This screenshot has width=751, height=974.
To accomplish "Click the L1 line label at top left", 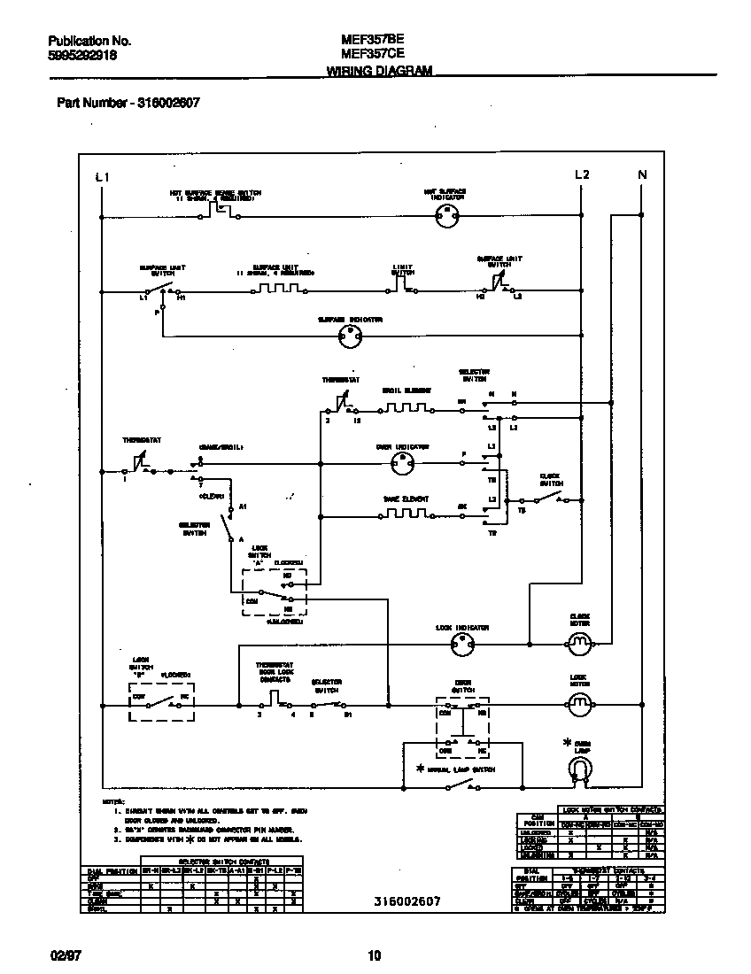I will point(102,177).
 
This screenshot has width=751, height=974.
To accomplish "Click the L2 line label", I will point(582,174).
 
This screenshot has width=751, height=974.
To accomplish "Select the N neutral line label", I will point(643,174).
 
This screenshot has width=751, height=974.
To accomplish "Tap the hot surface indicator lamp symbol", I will point(450,215).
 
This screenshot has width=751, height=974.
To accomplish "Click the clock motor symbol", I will point(579,644).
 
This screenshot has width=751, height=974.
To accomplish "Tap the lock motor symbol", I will point(579,705).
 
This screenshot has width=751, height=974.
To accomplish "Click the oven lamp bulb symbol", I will point(580,773).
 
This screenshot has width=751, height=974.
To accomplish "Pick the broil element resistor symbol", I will point(406,408).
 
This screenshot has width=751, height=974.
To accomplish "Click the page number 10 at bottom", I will point(374,955).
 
